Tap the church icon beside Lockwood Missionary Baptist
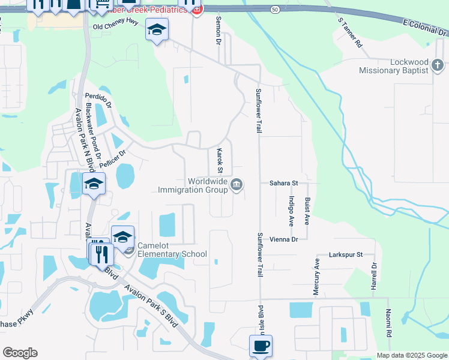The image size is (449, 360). [x=438, y=64]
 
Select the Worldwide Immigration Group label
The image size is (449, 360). [x=193, y=185]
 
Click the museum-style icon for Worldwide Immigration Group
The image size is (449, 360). [x=237, y=184]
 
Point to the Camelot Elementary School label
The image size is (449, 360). [x=172, y=250]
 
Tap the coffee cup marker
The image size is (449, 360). [x=261, y=346]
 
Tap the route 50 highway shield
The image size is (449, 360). [x=274, y=10]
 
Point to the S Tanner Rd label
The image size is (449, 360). [x=351, y=33]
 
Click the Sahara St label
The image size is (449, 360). [x=283, y=182]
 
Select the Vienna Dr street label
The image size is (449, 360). [x=283, y=239]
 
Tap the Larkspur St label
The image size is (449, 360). [x=346, y=254]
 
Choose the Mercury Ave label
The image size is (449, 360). [x=316, y=277]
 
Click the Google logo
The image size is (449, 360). [x=20, y=353]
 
